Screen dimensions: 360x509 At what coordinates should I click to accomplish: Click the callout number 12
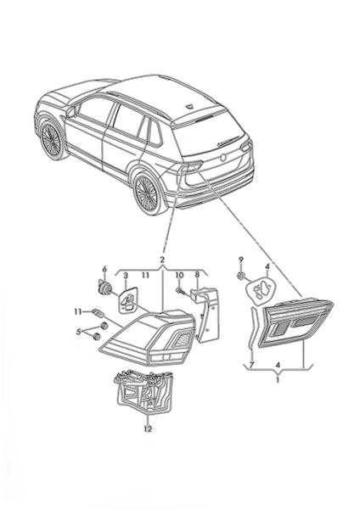pos(148,428)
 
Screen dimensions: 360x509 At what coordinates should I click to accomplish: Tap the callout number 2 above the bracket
pos(162,260)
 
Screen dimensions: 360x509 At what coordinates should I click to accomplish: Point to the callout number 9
pos(241,260)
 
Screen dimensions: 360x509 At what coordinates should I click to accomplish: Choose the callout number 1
pos(277,379)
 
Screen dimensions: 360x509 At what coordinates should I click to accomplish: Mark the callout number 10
pos(180,275)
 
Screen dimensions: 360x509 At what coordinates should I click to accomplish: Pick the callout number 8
pos(197,275)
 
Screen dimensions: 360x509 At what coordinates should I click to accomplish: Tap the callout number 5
pos(78,332)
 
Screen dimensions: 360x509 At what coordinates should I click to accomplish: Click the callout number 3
pos(126,276)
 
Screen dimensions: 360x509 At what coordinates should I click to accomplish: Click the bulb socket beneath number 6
pos(105,288)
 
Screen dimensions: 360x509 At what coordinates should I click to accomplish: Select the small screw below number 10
pos(180,290)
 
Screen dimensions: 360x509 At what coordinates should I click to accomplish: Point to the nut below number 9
pos(241,276)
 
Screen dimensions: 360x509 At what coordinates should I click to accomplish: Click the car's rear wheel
pos(148,194)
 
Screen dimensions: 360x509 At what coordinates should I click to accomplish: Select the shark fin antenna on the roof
pos(188,106)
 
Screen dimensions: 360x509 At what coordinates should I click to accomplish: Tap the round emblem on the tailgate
pos(223,158)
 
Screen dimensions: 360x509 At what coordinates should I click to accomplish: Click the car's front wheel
pos(51,140)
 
